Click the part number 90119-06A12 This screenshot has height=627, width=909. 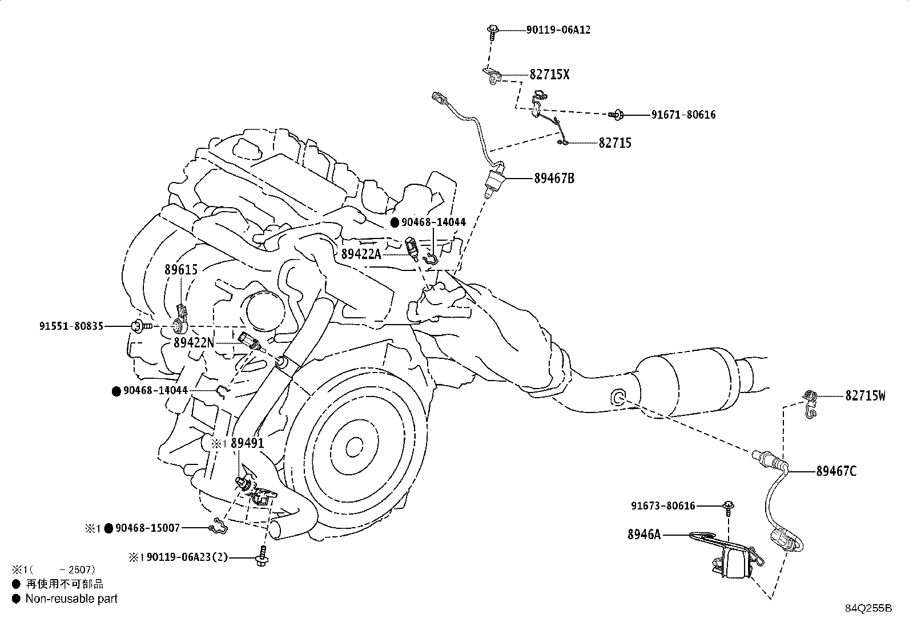pos(558,30)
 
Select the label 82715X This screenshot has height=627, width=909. pos(549,75)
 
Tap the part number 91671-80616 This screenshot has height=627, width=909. pos(683,115)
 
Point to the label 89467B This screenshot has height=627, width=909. pos(554,179)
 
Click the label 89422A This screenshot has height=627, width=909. pos(361,254)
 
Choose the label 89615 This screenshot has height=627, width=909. pos(181,269)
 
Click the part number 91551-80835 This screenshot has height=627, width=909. pos(71,326)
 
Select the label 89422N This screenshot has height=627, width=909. pos(194,343)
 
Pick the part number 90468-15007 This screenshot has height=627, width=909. pos(147,528)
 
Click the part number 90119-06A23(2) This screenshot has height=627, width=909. pos(187,557)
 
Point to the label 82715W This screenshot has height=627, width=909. pos(865,395)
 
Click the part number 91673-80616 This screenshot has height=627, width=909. pos(663,505)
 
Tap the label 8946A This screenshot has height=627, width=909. pos(643,535)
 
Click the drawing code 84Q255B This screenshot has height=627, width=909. pos(868,608)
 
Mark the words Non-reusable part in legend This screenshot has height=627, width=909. pos(71,598)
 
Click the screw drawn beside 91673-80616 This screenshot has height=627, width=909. pos(729,507)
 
